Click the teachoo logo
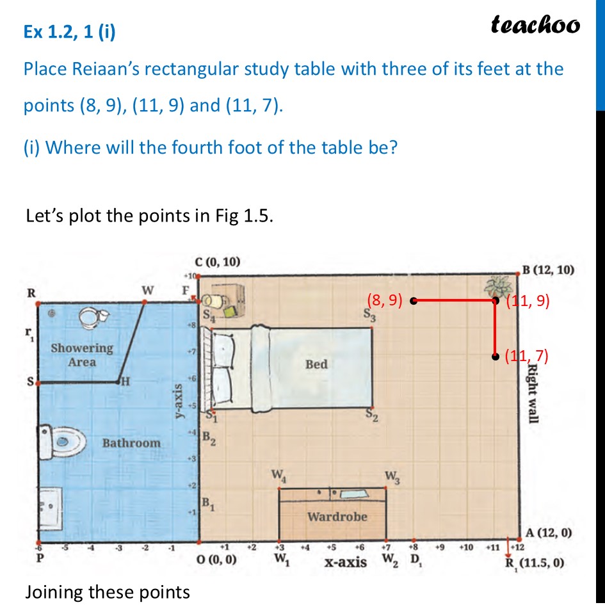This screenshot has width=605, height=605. (535, 25)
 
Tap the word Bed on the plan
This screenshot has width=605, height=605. (316, 364)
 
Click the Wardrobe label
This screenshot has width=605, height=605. (337, 516)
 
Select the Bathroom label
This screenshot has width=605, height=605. (131, 442)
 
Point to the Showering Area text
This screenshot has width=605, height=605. (82, 355)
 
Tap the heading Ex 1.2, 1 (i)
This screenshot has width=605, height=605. (70, 32)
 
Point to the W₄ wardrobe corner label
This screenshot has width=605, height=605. (278, 476)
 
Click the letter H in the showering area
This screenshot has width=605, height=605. (126, 382)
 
